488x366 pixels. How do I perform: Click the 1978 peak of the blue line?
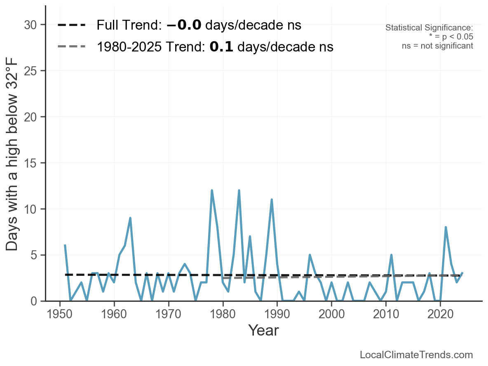point(212,191)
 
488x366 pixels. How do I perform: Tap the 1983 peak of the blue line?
point(239,191)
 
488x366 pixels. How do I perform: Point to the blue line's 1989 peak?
point(272,200)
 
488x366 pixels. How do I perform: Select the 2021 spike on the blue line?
point(446,227)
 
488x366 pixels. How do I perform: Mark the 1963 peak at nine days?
point(130,218)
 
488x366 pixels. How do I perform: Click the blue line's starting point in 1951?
point(65,245)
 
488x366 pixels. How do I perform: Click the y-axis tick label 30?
point(31,25)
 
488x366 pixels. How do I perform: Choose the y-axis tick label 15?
point(31,163)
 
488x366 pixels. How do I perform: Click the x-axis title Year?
point(263,331)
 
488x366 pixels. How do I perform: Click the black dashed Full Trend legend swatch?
point(71,25)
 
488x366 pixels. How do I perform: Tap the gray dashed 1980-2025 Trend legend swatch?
point(71,47)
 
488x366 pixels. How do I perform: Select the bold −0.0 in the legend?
point(184,25)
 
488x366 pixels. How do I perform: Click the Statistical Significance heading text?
point(429,28)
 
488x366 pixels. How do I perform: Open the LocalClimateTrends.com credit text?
point(416,355)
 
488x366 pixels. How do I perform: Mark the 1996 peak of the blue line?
point(310,255)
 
